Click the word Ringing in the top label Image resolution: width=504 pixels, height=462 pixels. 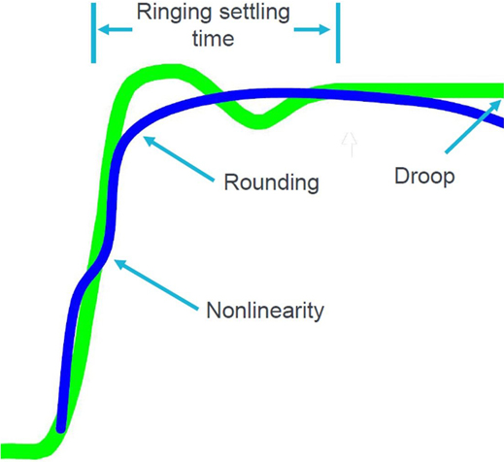[175, 13]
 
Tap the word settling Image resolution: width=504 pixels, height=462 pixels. [254, 13]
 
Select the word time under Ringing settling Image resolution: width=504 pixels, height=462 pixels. [214, 39]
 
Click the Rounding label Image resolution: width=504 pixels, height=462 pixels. [272, 182]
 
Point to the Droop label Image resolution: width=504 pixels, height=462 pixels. [424, 177]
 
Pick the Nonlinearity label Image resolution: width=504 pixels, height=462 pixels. [265, 310]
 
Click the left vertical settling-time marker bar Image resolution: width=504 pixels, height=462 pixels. [93, 33]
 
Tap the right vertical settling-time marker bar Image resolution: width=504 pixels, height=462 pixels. [338, 33]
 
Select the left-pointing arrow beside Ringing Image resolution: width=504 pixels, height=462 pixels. [115, 30]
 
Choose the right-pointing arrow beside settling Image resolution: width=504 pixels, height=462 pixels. [312, 30]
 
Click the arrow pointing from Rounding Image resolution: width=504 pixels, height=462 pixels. [179, 158]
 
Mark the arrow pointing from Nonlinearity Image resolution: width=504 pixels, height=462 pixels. [156, 284]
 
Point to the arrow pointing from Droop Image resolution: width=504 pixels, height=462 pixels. [473, 126]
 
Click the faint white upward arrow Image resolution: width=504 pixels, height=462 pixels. [350, 145]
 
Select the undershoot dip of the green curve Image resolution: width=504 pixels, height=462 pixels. [258, 122]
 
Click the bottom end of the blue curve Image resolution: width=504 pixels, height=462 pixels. [61, 428]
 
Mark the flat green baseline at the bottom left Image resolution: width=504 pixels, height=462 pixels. [19, 450]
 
